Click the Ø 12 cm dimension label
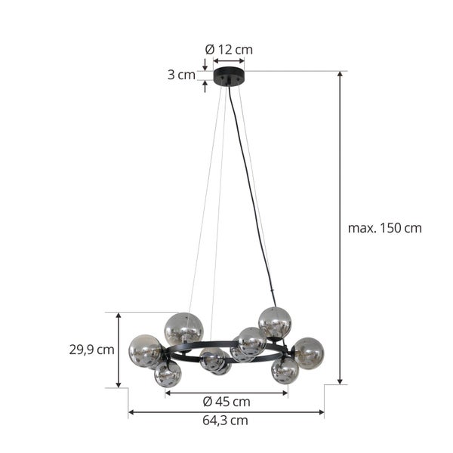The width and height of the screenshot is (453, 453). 229,50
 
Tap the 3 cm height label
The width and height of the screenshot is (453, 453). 181,75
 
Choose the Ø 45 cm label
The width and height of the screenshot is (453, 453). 226,402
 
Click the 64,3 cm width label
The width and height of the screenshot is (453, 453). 226,421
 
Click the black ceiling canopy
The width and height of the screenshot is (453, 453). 229,75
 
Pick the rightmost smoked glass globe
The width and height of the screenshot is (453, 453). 308,353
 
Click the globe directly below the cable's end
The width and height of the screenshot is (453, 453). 275,322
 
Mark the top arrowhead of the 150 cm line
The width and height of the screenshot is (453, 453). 341,75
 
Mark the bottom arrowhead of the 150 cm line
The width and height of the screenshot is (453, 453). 341,381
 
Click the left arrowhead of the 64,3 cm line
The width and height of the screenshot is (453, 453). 131,412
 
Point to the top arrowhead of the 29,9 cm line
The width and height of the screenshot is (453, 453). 118,316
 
